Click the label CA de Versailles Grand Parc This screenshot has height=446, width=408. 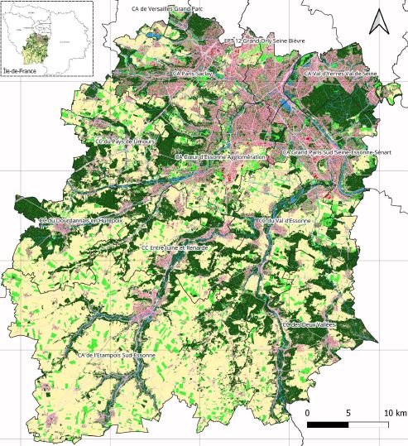coord(172,7)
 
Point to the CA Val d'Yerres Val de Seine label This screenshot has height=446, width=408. coord(340,73)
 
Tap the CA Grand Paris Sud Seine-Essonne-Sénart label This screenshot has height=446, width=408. coord(336,153)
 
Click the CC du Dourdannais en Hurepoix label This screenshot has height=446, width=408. coord(80,221)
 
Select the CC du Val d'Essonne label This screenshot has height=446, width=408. coord(283,222)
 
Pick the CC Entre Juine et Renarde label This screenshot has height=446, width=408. coord(175,247)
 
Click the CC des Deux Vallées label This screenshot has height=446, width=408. coord(307,325)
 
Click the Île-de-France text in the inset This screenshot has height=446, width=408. coord(20,73)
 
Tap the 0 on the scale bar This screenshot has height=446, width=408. coord(307,413)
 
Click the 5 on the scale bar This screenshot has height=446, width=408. coord(348,413)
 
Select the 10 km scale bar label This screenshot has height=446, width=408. coord(394,413)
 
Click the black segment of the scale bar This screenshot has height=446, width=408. coord(328,424)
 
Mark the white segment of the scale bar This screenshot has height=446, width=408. coord(369,424)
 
